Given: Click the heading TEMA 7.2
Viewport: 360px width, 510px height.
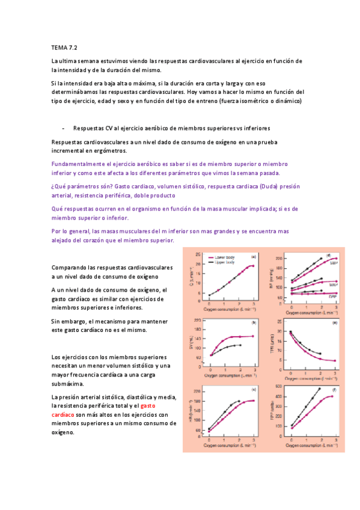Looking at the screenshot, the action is (x=64, y=46).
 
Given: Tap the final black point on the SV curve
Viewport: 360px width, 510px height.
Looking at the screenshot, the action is (x=240, y=345).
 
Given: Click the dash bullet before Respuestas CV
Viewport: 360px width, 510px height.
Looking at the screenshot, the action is (x=63, y=128).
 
